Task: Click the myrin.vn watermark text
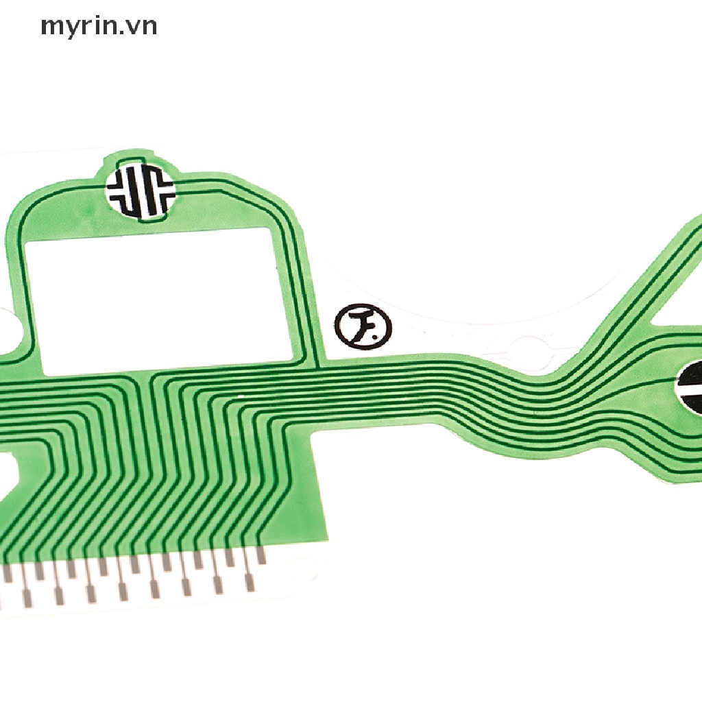point(99,27)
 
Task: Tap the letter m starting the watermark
point(51,28)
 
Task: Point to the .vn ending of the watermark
point(143,27)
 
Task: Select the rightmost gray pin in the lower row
point(250,583)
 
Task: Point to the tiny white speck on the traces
point(241,396)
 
